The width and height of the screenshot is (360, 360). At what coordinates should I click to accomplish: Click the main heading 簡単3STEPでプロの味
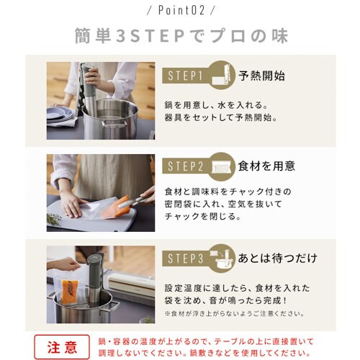pos(180,36)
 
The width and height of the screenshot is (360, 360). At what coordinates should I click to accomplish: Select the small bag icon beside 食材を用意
pos(222,166)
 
